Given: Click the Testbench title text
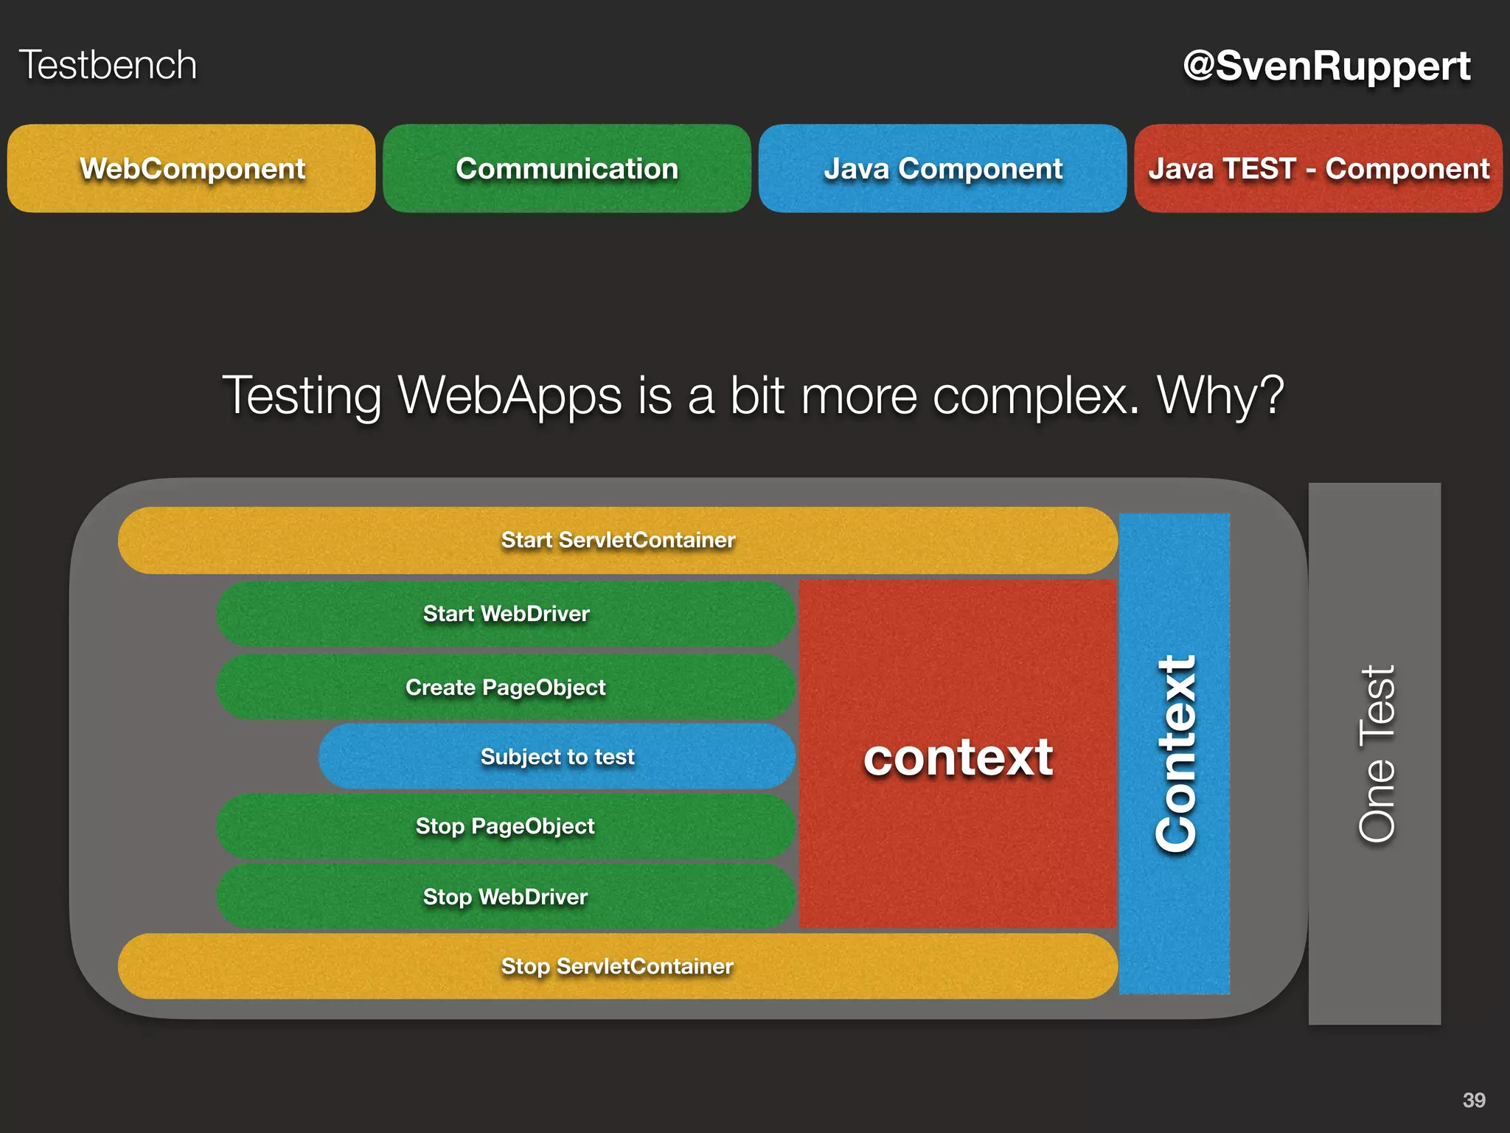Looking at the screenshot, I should coord(108,65).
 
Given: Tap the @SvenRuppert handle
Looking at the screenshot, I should coord(1326,66).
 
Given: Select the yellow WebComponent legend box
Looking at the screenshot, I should coord(192,169).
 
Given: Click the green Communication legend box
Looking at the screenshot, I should coord(567,169).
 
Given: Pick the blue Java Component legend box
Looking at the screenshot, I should coord(942,169).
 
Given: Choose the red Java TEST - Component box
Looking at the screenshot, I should coord(1318,169).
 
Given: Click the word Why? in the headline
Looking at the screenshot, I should coord(1221,396).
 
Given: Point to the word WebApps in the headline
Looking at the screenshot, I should coord(510,396).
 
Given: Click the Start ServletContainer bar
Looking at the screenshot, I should coord(618,540).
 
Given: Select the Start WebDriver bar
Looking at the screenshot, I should coord(506,614).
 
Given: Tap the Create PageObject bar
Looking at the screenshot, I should coord(506,687).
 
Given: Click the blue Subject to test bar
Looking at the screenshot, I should coord(557,757).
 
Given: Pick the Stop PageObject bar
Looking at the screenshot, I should coord(506,826).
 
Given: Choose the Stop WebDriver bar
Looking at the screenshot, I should coord(506,897).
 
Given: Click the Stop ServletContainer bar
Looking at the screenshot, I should coord(618,966).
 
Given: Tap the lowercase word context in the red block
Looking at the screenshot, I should coord(958,758).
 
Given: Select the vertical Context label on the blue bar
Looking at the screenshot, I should coord(1176,754).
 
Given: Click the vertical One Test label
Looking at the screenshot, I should coord(1377,754).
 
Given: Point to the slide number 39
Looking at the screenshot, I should coord(1474,1100).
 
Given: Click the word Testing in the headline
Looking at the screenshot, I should coord(302,396).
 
